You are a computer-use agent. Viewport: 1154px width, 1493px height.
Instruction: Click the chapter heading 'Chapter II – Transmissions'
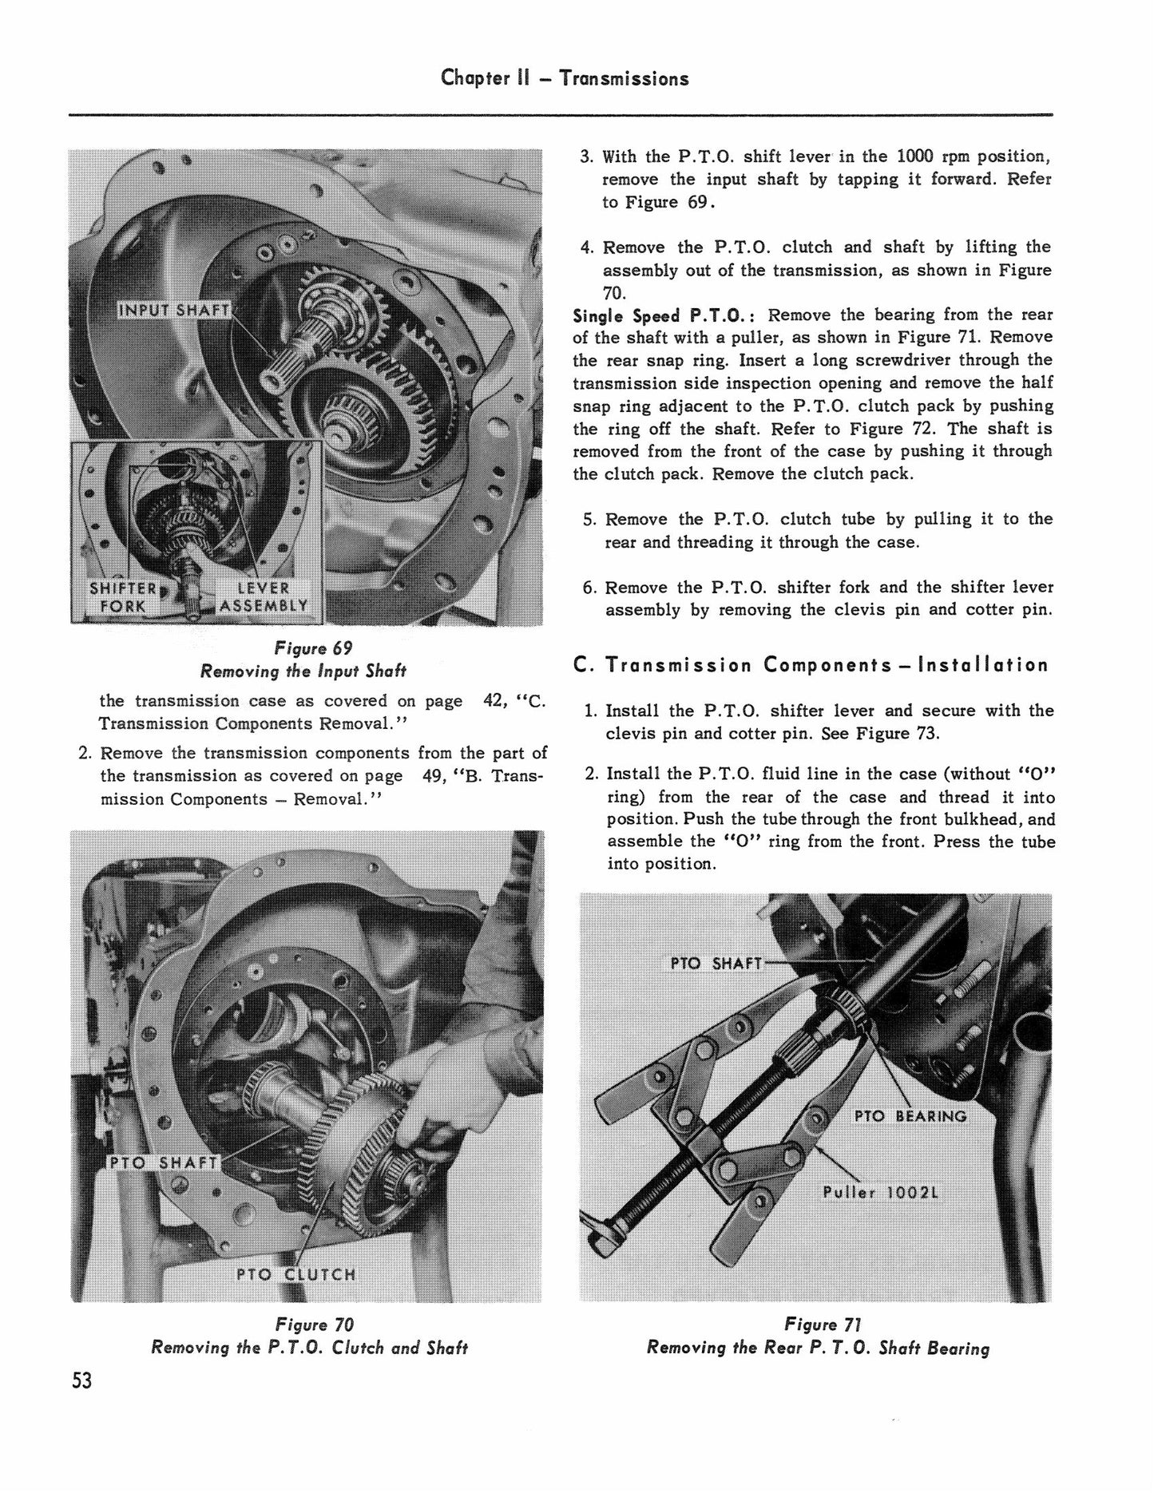tap(565, 78)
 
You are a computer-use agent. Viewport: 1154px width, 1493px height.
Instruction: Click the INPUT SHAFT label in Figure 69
tap(174, 310)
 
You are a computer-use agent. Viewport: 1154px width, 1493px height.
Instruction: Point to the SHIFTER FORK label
tap(124, 596)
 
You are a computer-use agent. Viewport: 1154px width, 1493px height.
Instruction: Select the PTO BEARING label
tap(910, 1115)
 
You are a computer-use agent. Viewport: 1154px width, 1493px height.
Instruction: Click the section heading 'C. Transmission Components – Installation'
tap(811, 665)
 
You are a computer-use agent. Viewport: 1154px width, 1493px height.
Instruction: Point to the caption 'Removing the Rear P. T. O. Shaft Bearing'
tap(819, 1348)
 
